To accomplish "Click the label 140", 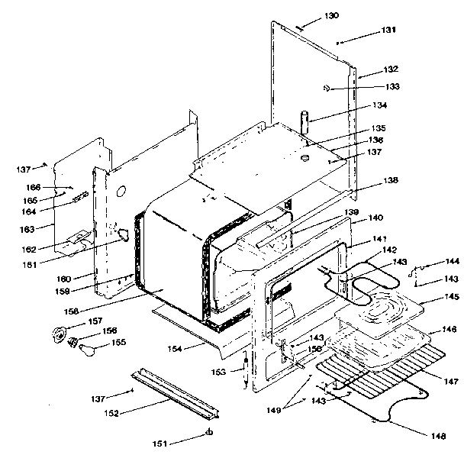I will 376,218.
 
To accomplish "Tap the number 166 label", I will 32,186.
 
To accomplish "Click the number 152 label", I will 113,413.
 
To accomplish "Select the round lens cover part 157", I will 59,334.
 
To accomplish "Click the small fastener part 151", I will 208,434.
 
